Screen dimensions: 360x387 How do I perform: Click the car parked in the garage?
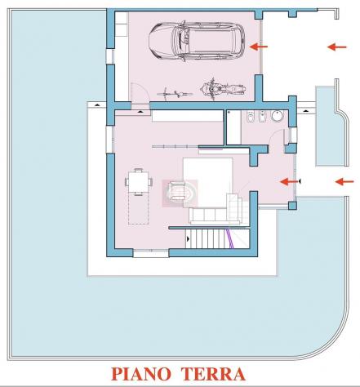197,42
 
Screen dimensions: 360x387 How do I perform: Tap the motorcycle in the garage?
223,89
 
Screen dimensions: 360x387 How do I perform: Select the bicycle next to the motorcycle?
175,94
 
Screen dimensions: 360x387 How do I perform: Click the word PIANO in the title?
141,374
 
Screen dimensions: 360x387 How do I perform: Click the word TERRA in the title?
213,374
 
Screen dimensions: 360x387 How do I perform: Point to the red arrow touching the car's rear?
259,47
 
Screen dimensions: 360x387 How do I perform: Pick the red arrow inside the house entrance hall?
289,181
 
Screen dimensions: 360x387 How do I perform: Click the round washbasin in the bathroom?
277,116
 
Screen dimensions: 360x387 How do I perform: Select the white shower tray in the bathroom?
233,127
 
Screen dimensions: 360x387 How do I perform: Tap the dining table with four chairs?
139,182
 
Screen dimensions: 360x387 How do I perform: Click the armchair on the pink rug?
177,190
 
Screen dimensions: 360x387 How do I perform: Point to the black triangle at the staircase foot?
188,239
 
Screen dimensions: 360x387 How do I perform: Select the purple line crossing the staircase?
230,238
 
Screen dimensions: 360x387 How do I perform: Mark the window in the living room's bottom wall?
151,254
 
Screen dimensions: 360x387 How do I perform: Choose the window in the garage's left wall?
110,56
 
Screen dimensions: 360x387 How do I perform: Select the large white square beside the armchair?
208,182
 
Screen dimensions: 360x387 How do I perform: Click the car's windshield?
180,42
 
